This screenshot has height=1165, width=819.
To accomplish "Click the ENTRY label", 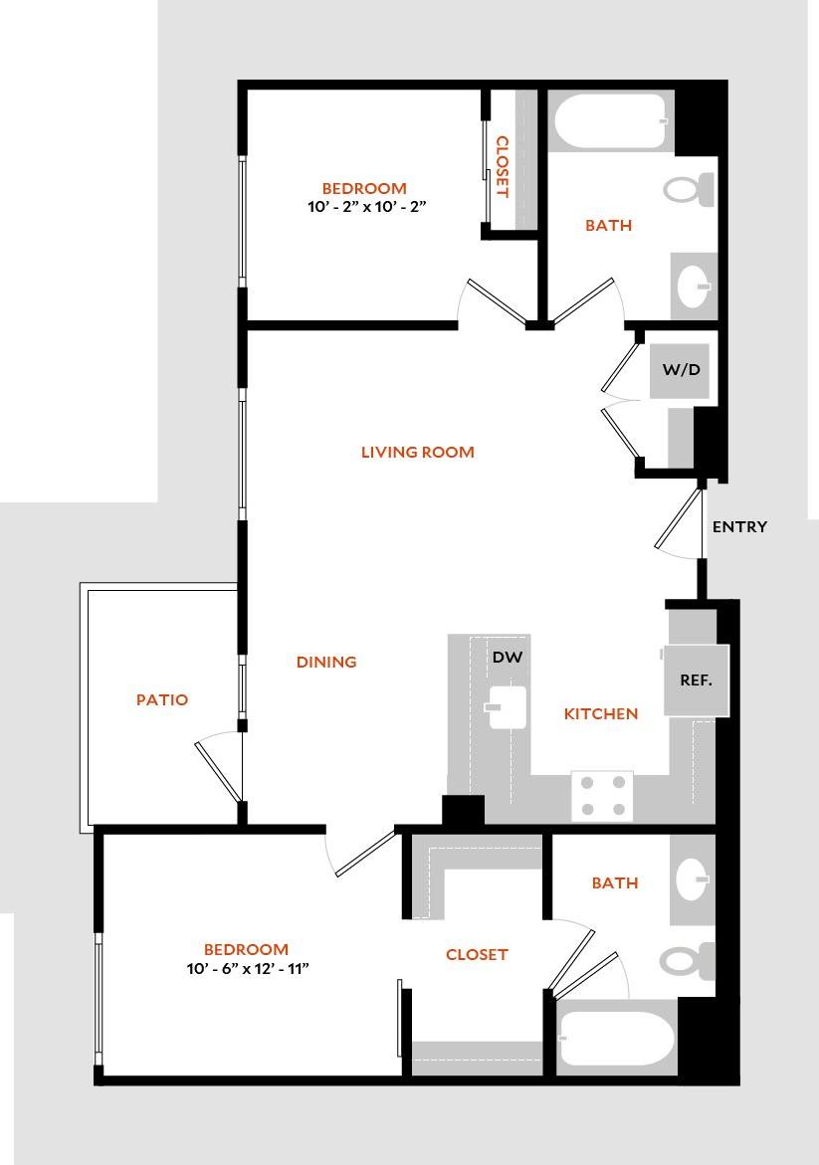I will point(739,526).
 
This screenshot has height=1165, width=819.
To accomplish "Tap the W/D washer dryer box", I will point(682,370).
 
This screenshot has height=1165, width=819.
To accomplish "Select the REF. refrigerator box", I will point(696,680).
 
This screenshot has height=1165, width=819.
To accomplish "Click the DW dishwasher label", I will point(507,658).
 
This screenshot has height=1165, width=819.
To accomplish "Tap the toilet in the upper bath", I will point(689,189).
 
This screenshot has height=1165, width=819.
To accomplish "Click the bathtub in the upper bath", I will point(609,121).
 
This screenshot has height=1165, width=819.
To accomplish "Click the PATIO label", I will point(161,699).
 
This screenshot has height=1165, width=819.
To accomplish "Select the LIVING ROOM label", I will point(417,452).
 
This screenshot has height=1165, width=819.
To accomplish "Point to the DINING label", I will point(326,662).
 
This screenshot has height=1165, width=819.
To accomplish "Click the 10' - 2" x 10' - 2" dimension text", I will point(367,207).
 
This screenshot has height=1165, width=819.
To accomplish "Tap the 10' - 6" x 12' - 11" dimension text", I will point(246,968).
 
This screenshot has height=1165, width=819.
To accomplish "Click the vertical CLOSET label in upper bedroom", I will point(502,167).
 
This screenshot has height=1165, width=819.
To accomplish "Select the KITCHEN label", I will point(600,713).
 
